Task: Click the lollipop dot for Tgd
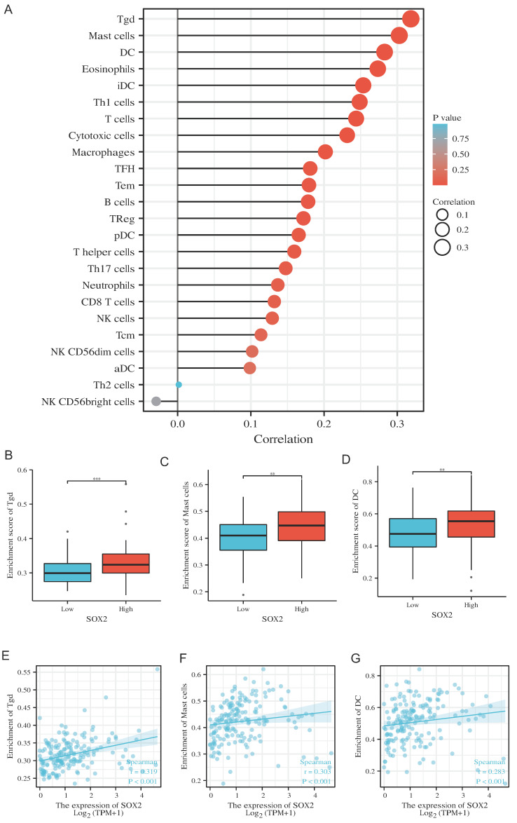(411, 19)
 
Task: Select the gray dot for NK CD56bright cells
(156, 401)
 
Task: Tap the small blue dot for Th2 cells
(179, 384)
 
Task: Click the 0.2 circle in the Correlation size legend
(443, 230)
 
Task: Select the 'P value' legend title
(446, 118)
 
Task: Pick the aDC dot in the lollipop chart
(249, 368)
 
